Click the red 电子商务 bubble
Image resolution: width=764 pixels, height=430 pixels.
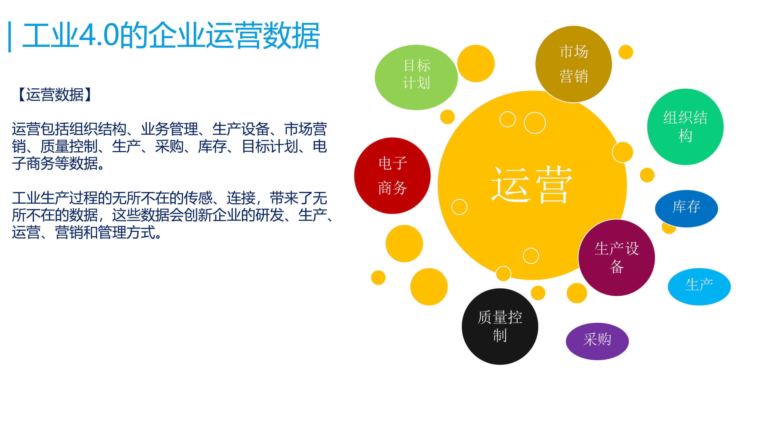tap(392, 176)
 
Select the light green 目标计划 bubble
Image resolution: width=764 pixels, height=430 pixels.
tap(416, 77)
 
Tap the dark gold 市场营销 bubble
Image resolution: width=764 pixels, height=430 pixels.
tap(573, 64)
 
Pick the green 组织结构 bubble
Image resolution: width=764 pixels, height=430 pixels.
tap(685, 127)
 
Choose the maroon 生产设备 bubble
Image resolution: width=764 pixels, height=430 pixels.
tap(617, 258)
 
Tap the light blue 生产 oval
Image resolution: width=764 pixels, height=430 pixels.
tap(699, 286)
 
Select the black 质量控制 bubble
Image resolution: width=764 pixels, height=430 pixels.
tap(500, 326)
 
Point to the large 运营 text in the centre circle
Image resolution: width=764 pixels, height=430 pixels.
tap(532, 185)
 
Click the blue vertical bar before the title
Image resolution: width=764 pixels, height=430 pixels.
tap(10, 37)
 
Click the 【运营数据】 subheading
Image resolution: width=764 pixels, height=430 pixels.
tap(55, 95)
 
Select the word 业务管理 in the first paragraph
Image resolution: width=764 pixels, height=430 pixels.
tap(170, 129)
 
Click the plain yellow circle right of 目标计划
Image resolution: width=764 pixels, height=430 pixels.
tap(476, 64)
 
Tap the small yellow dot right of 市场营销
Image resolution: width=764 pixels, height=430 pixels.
tap(626, 52)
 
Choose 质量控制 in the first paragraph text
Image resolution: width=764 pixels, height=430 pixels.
tap(69, 147)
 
